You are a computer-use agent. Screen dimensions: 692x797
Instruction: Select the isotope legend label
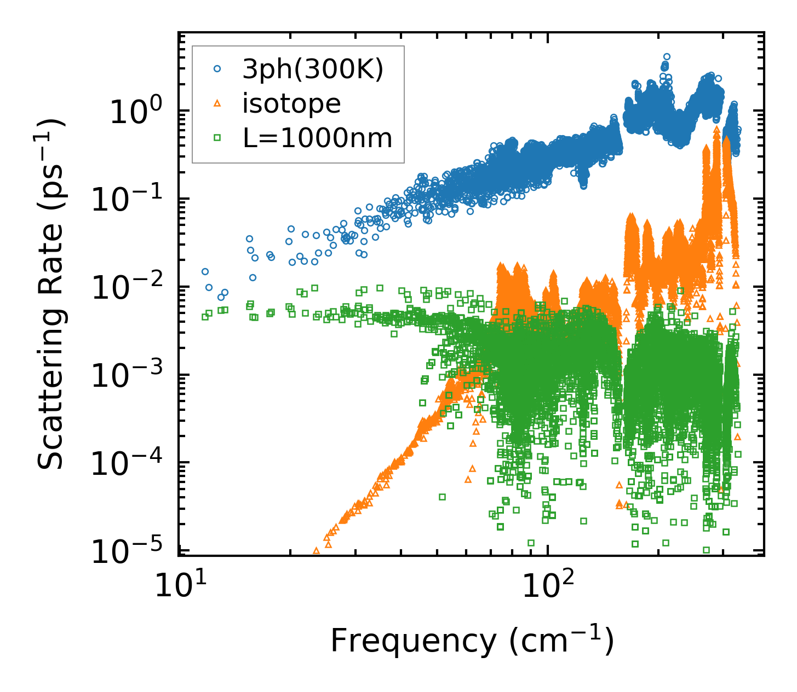click(x=291, y=103)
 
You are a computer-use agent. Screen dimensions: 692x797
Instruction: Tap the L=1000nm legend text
click(x=318, y=138)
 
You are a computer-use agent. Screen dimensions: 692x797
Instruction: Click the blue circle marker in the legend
click(x=217, y=69)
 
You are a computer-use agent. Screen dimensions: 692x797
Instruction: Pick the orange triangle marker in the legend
click(x=217, y=103)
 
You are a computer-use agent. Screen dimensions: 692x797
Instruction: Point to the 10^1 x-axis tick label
click(x=176, y=586)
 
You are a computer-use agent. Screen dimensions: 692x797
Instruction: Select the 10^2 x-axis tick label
click(x=545, y=586)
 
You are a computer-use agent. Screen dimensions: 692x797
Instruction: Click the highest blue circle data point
click(x=667, y=56)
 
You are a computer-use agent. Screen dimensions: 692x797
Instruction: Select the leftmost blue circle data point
click(x=205, y=271)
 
